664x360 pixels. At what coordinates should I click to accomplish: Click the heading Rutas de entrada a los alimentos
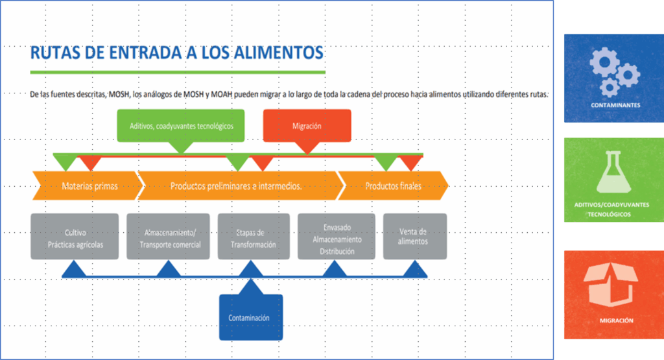pyautogui.click(x=176, y=52)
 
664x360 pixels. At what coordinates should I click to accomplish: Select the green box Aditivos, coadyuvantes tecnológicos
pyautogui.click(x=181, y=126)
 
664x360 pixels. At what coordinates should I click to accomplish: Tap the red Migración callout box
pyautogui.click(x=307, y=126)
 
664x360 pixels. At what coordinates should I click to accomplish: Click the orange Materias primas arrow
pyautogui.click(x=88, y=186)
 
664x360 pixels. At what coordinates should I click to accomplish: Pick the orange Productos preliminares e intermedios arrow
pyautogui.click(x=237, y=186)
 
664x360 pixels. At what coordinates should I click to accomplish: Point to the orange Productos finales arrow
pyautogui.click(x=393, y=186)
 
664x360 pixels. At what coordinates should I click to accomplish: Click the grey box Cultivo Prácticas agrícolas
pyautogui.click(x=75, y=237)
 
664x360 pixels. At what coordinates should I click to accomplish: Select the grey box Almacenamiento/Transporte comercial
pyautogui.click(x=169, y=237)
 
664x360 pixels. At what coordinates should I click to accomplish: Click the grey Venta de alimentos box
pyautogui.click(x=414, y=237)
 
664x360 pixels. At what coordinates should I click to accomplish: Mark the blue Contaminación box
pyautogui.click(x=250, y=317)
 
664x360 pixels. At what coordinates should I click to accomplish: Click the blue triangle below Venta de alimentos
pyautogui.click(x=414, y=270)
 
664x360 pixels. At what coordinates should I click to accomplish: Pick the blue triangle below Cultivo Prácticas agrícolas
pyautogui.click(x=75, y=270)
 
